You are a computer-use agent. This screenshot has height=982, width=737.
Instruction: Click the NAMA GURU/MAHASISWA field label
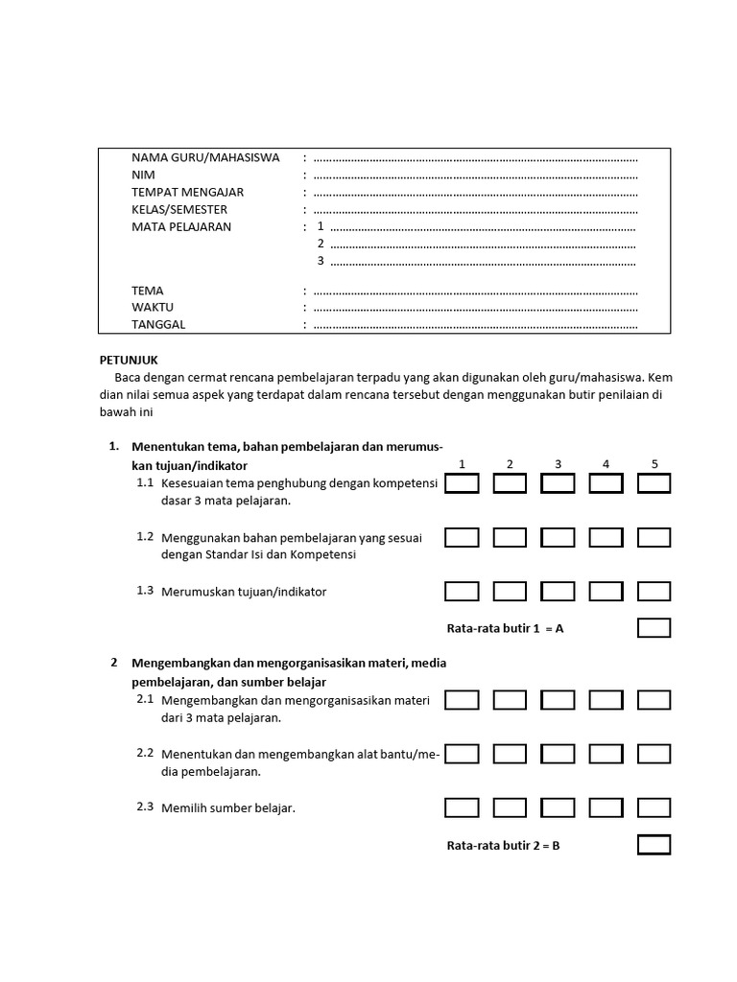(205, 158)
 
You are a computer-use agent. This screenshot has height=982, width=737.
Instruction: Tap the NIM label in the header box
(143, 175)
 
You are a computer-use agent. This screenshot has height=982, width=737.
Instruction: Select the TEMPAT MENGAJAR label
(187, 193)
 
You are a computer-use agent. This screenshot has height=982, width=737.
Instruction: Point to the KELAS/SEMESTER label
(179, 210)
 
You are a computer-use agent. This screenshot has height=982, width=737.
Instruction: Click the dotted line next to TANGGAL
(475, 325)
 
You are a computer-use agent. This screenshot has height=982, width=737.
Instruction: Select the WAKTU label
(153, 308)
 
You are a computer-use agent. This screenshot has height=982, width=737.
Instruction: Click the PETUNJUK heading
(129, 361)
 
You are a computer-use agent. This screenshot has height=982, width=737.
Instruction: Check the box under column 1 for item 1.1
(462, 483)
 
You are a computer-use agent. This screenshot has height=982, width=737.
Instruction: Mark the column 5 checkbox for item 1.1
(654, 483)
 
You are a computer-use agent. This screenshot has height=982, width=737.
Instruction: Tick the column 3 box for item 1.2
(558, 538)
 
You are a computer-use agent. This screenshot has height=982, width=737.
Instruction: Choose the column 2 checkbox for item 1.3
(510, 592)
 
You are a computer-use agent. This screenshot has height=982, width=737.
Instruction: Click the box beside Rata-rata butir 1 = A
(654, 628)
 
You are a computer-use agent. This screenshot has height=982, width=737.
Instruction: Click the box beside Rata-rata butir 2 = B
(654, 845)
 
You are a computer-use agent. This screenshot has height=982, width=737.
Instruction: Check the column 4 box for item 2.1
(606, 700)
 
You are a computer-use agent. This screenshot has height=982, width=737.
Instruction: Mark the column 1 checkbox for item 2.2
(462, 755)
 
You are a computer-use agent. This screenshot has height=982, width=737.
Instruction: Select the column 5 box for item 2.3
(654, 808)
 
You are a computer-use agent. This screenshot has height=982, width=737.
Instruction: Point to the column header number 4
(606, 464)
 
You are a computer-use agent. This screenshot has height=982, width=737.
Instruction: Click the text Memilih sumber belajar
(228, 808)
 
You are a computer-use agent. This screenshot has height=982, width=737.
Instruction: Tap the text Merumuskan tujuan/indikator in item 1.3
(244, 592)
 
